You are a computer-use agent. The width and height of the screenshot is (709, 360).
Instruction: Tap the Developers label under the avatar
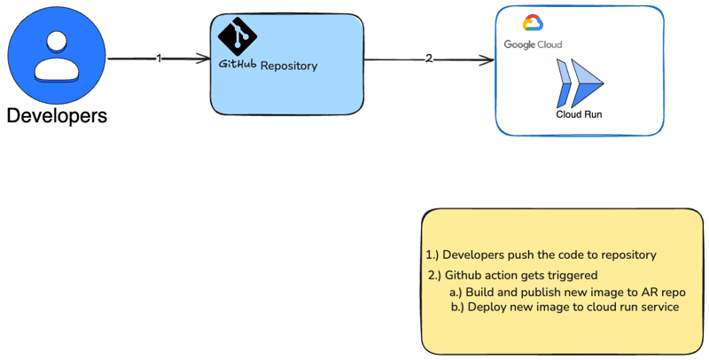coord(57,116)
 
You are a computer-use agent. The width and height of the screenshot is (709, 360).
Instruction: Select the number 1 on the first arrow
coord(159,59)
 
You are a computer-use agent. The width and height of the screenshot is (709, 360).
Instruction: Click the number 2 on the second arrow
coord(429,59)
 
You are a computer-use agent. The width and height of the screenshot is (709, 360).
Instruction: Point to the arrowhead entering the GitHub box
coord(204,59)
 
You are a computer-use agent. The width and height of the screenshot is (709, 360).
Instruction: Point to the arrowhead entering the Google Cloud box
coord(487,60)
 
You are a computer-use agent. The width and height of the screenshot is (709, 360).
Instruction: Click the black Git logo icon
coord(238,35)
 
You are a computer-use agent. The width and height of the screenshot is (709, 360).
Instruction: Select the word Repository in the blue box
coord(289,66)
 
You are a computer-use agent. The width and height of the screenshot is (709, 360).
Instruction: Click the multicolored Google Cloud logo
coord(532,24)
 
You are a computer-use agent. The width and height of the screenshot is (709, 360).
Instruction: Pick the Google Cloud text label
coord(533,44)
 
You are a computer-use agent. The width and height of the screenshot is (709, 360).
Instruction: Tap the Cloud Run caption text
coord(579,114)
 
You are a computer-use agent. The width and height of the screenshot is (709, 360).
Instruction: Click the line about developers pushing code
coord(541,254)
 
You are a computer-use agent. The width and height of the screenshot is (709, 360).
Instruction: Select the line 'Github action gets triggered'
coord(512,275)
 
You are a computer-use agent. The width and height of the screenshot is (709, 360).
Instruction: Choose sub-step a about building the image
coord(567,292)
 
